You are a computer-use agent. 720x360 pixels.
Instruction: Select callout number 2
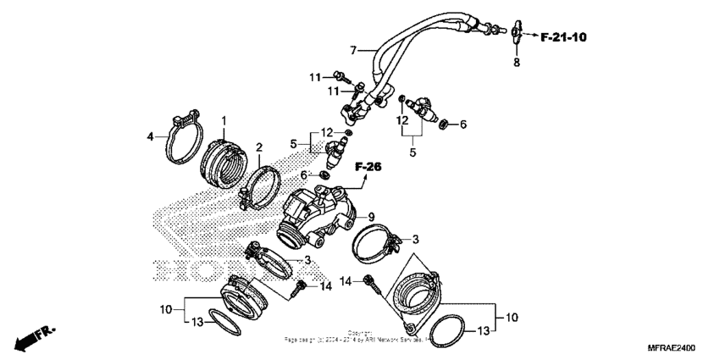(235, 147)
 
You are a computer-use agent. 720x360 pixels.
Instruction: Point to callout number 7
(354, 49)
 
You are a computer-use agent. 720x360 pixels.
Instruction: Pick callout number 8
(516, 63)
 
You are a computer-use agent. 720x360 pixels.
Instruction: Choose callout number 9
(371, 217)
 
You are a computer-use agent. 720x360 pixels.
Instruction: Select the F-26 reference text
(368, 167)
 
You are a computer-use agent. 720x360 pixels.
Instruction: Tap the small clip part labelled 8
(515, 35)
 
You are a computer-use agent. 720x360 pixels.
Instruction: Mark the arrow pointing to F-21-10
(530, 37)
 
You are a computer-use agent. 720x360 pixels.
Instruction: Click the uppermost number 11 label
(315, 77)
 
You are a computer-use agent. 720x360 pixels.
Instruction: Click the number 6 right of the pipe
(462, 125)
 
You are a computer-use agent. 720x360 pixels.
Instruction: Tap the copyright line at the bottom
(359, 336)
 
